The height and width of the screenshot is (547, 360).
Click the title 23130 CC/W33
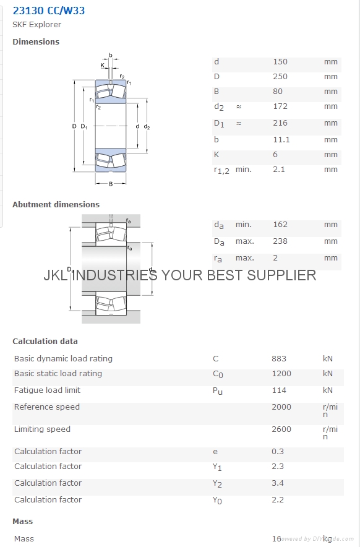49,11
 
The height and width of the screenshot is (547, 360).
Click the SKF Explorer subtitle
37,24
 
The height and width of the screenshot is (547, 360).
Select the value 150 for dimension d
280,62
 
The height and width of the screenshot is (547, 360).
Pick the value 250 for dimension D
280,77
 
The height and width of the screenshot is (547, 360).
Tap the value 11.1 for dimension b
281,140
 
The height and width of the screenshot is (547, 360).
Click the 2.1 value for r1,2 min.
279,170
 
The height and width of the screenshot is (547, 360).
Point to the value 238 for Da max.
280,241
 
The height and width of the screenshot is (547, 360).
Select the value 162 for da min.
280,225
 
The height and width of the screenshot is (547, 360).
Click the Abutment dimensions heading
56,204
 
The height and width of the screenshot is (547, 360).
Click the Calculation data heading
45,341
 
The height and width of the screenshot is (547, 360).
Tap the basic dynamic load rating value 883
279,359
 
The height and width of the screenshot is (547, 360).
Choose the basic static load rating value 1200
281,374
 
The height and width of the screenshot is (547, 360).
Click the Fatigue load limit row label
48,390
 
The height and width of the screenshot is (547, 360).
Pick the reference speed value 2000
281,407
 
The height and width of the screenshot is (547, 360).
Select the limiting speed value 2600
281,429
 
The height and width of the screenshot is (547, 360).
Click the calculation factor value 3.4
278,483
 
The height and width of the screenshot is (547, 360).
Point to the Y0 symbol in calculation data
217,501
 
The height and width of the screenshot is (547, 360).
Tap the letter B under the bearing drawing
111,184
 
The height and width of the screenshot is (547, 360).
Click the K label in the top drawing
102,65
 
